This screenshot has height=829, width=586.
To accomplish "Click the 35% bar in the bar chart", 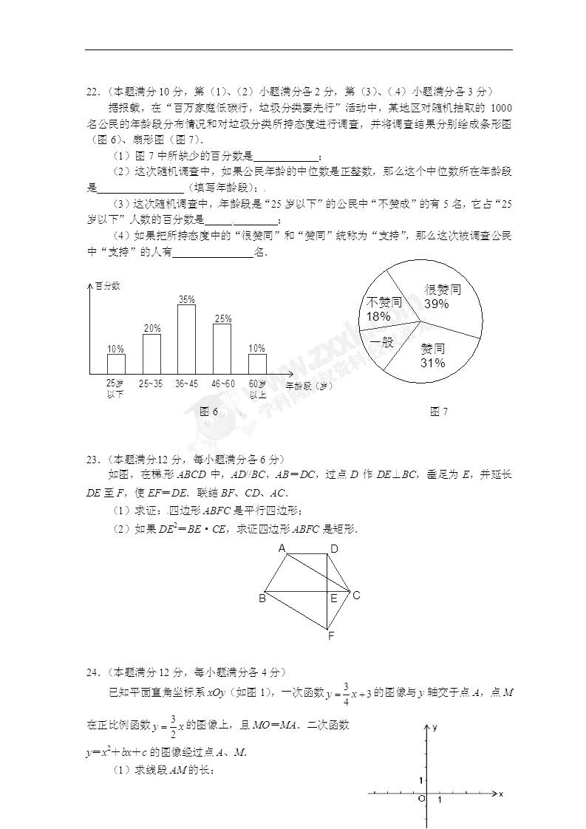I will coord(186,338).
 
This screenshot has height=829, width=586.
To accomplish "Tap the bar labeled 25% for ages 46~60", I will coord(222,348).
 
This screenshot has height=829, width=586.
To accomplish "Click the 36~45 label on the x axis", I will coord(186,383).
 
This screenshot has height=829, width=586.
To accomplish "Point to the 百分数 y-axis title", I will coord(108,285).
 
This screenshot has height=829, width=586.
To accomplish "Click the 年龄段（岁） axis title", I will coord(314,385).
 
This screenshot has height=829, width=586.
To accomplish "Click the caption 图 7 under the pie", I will coord(439,412).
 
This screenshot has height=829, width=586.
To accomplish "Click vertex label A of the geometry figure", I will coord(282,548).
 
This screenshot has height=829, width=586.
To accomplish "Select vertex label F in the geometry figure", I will coord(332,636).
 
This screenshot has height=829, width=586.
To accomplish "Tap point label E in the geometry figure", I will coord(334,598).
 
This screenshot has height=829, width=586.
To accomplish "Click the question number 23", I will coord(92,460).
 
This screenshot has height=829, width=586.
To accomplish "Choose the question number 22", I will coord(92,92).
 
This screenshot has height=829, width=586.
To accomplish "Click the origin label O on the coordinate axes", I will coord(420,799).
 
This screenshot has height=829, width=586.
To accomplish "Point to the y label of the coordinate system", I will coord(435,728).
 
